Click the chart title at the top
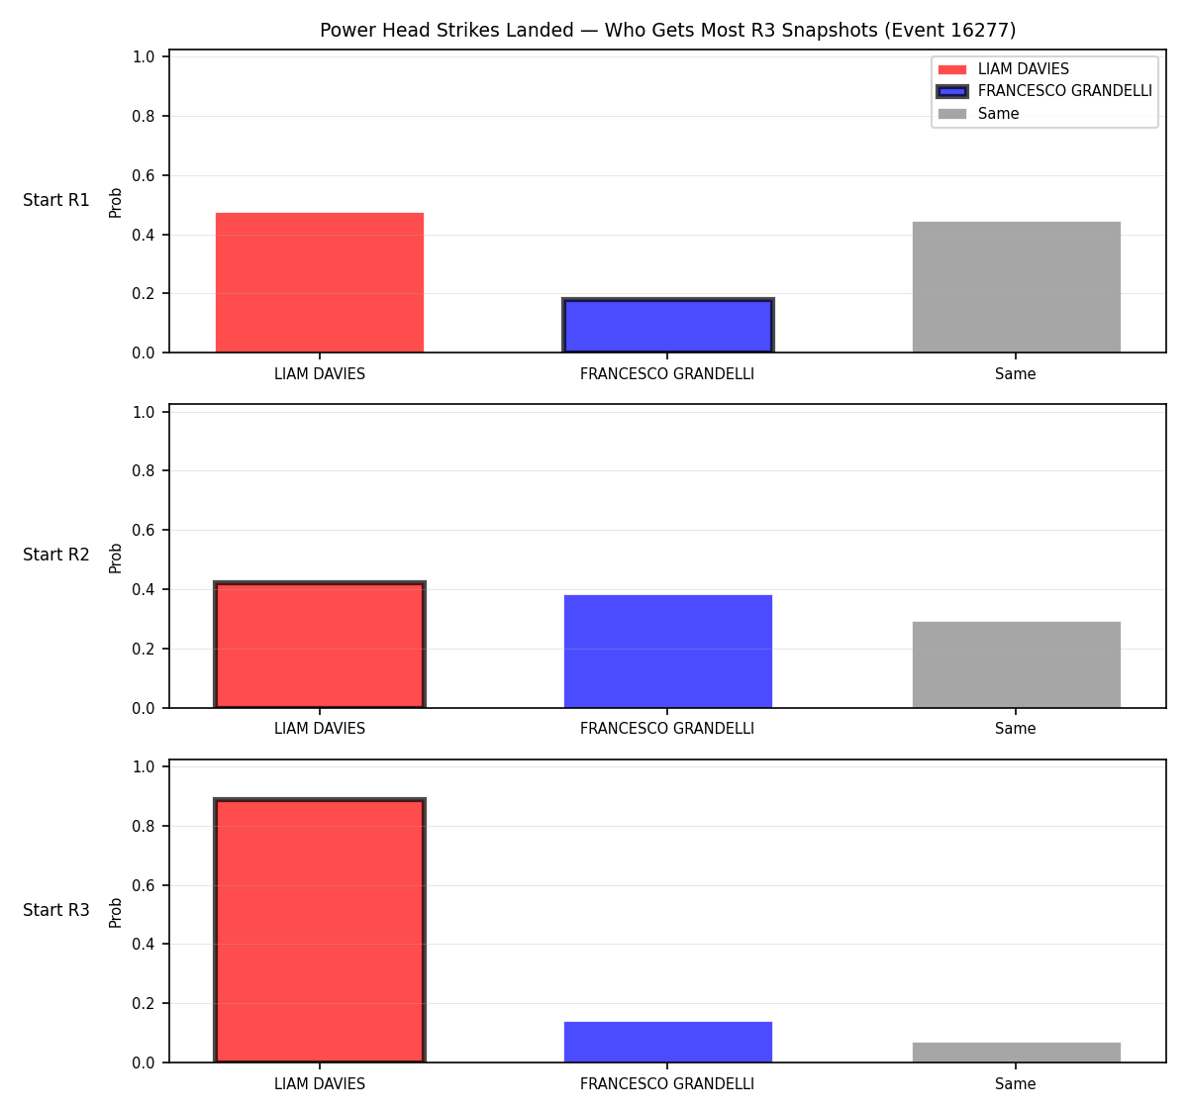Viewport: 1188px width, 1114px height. (667, 30)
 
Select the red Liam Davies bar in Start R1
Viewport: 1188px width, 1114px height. (320, 282)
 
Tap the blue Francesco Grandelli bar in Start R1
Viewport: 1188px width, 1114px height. (667, 325)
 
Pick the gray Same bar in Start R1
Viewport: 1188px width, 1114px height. (1016, 287)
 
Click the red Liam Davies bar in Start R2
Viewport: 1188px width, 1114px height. (320, 645)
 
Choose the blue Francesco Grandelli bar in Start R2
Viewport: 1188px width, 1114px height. (667, 652)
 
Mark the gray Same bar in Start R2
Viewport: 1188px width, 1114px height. (1016, 664)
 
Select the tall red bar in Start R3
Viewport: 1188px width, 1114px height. (320, 930)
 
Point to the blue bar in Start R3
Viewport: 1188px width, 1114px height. (667, 1042)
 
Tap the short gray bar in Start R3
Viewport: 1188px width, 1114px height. (1016, 1053)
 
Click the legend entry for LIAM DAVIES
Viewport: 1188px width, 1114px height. (1003, 69)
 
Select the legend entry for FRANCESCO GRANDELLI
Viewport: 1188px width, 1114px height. (1044, 91)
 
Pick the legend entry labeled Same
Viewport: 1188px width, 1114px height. (978, 114)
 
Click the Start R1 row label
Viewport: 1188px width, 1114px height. (56, 200)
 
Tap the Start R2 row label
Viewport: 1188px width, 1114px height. (56, 555)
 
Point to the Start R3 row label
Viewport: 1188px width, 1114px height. (56, 910)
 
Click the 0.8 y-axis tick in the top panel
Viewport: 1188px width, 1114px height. (143, 116)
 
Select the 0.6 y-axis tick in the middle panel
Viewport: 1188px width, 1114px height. (143, 531)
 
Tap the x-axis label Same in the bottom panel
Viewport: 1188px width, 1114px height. (1015, 1083)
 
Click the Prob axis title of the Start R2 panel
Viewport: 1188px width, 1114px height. (116, 558)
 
